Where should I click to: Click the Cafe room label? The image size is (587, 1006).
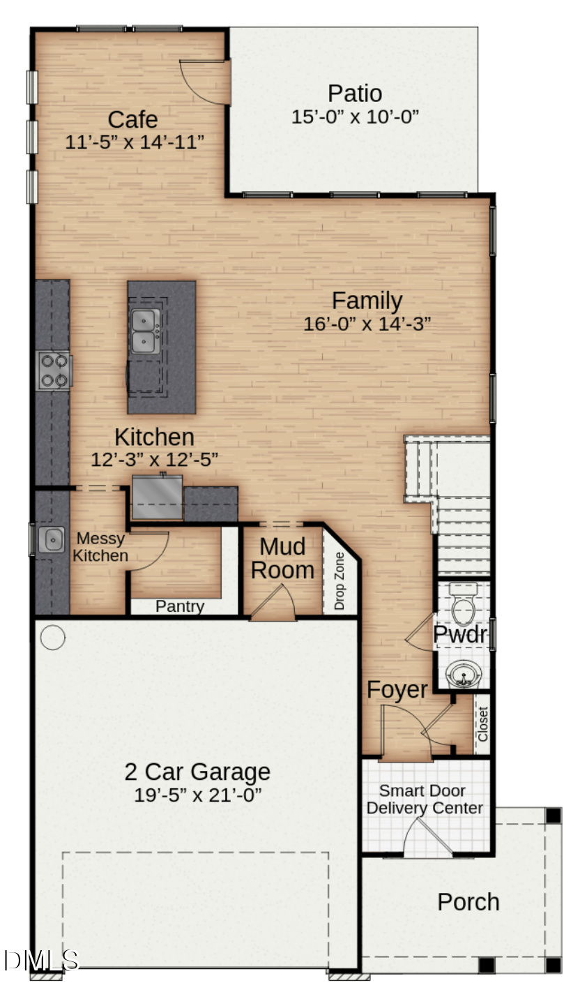[132, 120]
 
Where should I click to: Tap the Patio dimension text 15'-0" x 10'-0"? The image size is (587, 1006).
[355, 117]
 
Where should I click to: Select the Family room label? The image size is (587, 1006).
[367, 301]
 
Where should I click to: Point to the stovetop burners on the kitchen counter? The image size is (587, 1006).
[54, 370]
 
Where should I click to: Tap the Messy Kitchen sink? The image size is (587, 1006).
[51, 540]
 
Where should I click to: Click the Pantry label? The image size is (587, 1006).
[180, 606]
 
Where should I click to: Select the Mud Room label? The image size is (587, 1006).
[282, 558]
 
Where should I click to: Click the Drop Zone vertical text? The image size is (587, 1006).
[340, 581]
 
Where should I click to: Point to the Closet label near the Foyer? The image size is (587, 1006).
[482, 724]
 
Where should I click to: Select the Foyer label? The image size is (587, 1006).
[397, 689]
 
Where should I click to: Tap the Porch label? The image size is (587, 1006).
[468, 902]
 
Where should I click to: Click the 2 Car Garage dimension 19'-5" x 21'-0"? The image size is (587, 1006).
[198, 795]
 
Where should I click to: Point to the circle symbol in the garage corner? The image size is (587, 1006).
[53, 636]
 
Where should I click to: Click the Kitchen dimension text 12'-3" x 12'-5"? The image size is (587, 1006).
[155, 460]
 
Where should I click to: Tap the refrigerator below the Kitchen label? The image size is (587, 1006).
[157, 497]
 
